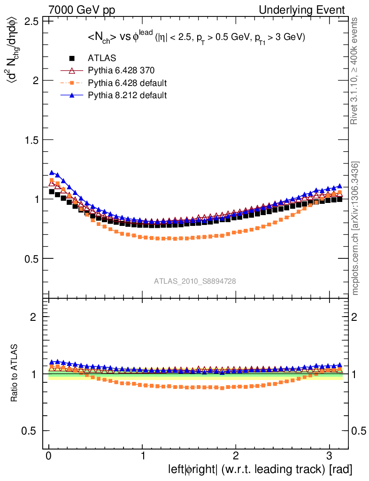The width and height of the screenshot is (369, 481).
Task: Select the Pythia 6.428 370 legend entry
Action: [x=121, y=71]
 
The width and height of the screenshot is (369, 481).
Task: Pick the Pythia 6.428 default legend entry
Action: [x=128, y=83]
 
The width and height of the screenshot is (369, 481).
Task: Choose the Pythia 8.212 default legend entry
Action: [x=127, y=95]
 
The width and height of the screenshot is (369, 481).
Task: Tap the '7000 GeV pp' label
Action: [x=82, y=10]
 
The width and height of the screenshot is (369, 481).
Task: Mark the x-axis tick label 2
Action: [x=236, y=456]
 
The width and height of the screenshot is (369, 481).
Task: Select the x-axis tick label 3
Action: [x=329, y=456]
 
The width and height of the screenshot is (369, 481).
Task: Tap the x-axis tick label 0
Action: [x=49, y=456]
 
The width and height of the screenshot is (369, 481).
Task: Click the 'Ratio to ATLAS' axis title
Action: [x=15, y=373]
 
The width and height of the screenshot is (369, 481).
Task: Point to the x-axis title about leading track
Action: [x=260, y=469]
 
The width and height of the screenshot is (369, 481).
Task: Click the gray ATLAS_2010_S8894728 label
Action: [x=195, y=281]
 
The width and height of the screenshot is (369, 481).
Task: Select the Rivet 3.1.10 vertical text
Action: [x=355, y=71]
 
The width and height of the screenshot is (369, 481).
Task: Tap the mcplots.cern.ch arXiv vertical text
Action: [x=355, y=228]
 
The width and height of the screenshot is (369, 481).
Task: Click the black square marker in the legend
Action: [x=72, y=59]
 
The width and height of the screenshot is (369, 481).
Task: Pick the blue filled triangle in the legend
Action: [x=72, y=95]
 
